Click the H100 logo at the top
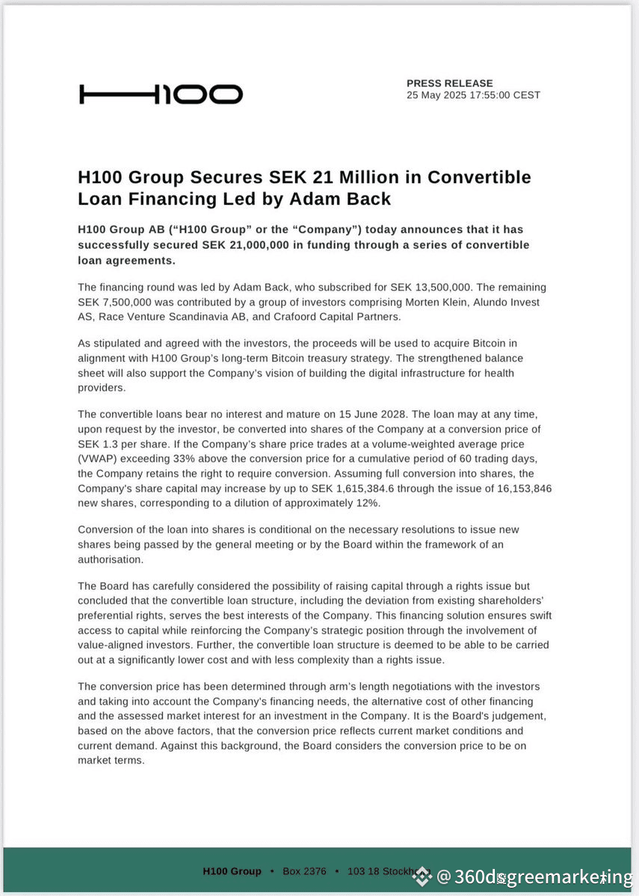tap(161, 94)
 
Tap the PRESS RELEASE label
tap(450, 83)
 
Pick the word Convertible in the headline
tap(478, 178)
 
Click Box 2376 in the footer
tap(304, 871)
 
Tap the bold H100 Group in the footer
tap(232, 871)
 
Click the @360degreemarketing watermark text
tap(534, 877)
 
